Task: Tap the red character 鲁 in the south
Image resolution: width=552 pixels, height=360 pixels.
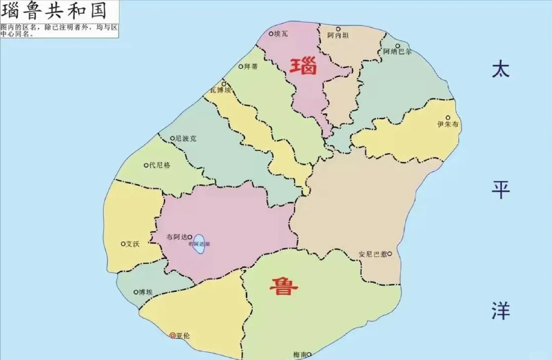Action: click(283, 286)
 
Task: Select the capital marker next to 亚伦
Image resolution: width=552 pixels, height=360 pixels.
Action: click(173, 335)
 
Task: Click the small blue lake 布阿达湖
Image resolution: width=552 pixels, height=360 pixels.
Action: click(199, 244)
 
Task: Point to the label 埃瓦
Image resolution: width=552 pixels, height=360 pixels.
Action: click(281, 34)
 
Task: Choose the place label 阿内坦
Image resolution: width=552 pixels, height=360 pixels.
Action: click(338, 35)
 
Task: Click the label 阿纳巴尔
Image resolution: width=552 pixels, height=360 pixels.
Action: click(397, 52)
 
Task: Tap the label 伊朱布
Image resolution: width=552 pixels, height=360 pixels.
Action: click(448, 124)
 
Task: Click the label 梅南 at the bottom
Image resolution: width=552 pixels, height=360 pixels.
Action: click(300, 355)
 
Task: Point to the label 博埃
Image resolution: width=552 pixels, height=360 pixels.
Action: click(146, 292)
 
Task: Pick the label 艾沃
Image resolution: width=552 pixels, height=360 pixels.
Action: click(132, 244)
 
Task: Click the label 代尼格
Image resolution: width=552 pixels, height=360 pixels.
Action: click(160, 165)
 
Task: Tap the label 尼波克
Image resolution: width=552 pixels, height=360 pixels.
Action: click(185, 138)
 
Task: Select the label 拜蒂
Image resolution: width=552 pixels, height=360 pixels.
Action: click(251, 67)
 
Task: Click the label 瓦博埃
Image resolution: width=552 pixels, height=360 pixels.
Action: click(220, 90)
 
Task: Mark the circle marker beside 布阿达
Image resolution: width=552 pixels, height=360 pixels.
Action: click(190, 237)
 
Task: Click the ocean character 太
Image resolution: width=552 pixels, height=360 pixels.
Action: click(500, 69)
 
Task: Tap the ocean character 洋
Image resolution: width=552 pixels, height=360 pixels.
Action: click(500, 311)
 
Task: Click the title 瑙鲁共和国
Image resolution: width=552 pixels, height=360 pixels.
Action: click(54, 11)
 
